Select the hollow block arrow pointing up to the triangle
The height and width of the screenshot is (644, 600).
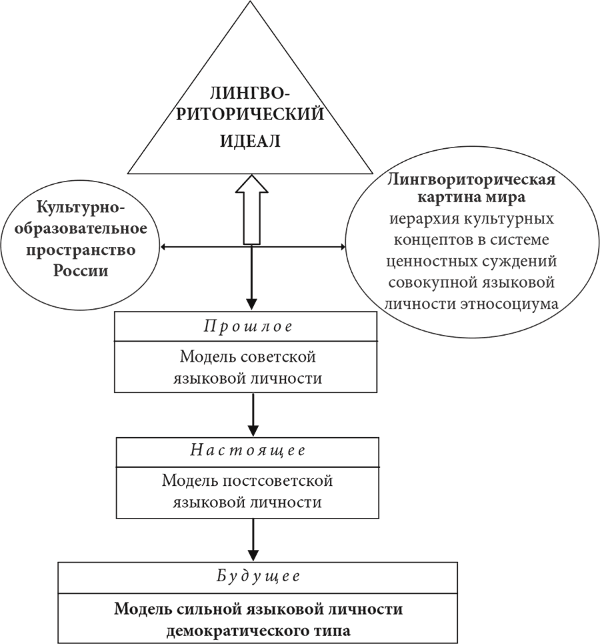click(x=251, y=207)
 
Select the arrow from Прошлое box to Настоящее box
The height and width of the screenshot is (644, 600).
click(x=251, y=414)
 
